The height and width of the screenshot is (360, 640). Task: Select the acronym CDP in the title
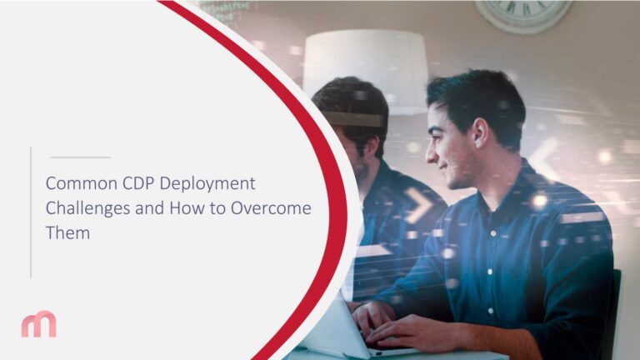pos(131,182)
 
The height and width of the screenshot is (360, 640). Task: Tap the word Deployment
pos(205,183)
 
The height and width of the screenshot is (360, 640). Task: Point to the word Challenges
pos(87,208)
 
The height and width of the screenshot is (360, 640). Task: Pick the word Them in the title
pos(67,233)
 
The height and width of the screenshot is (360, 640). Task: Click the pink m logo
pos(39,323)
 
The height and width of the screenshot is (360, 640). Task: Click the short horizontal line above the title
pos(80,157)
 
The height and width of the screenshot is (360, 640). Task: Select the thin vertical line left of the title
pos(31,212)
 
